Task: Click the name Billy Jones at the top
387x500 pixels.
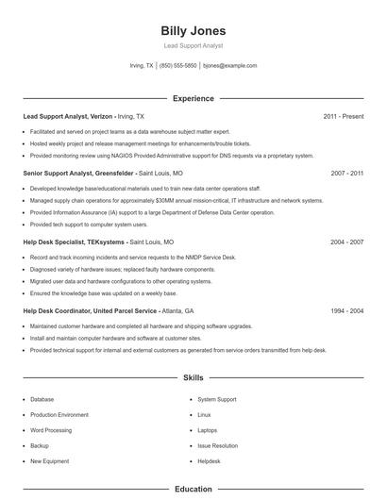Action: [x=193, y=31]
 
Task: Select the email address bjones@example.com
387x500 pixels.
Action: [x=230, y=66]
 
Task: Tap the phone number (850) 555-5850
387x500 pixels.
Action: [x=178, y=66]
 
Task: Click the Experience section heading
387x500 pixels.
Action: [x=193, y=98]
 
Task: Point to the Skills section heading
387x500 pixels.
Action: [x=193, y=377]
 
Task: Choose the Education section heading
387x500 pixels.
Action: [x=193, y=490]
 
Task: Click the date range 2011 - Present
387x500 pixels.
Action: [x=343, y=116]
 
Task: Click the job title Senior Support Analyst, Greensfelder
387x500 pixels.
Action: [x=79, y=174]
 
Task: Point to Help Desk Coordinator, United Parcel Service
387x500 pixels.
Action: [x=90, y=310]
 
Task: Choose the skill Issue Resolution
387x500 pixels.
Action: [x=217, y=445]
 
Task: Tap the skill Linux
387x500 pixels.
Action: [x=204, y=415]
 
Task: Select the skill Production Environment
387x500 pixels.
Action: [x=59, y=415]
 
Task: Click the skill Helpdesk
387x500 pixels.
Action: [x=209, y=461]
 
